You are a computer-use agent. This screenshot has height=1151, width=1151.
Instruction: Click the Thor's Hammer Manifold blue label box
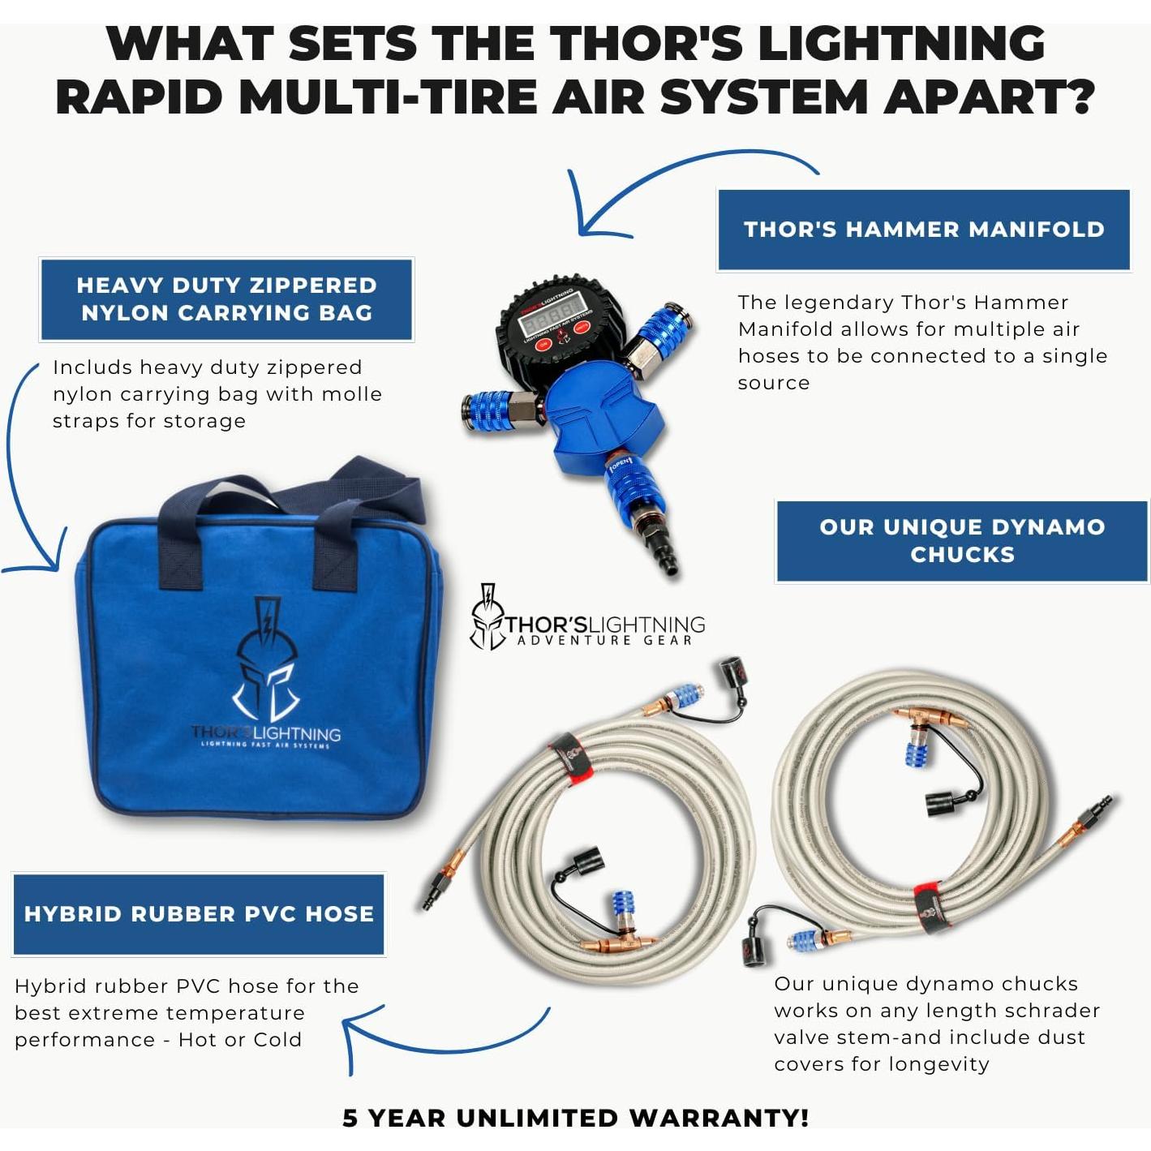[923, 230]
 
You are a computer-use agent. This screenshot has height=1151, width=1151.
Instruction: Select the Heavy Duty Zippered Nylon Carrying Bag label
[226, 299]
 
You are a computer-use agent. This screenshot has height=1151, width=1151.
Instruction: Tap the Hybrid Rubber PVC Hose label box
[199, 914]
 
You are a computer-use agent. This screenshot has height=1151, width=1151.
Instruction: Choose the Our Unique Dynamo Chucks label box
[962, 541]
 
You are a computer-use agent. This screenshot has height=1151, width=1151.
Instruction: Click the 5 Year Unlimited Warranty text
[575, 1117]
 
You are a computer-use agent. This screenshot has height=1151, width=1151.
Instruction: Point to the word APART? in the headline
[989, 97]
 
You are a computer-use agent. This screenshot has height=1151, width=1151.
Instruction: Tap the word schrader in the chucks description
[1055, 1011]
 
